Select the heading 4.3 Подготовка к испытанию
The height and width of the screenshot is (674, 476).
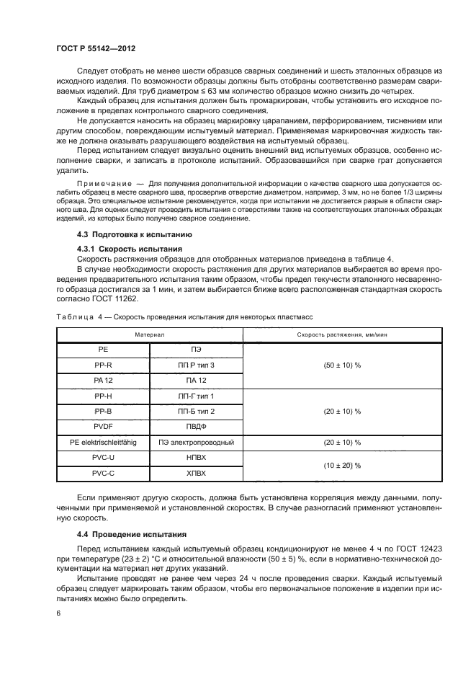[127, 236]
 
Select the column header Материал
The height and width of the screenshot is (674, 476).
[149, 334]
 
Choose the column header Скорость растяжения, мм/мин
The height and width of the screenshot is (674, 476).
[342, 334]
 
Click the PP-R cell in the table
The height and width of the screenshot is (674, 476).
[103, 365]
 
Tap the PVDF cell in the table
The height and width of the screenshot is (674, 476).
[103, 426]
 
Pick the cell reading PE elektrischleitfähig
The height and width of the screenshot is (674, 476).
[103, 442]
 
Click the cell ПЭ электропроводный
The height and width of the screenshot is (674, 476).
[196, 442]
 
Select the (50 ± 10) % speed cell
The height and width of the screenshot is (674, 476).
[342, 365]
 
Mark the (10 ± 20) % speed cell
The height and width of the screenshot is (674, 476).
[342, 466]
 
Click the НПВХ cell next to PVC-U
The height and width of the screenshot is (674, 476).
[196, 458]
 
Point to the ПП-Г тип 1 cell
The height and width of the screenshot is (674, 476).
[196, 396]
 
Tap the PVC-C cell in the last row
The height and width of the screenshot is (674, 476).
[103, 474]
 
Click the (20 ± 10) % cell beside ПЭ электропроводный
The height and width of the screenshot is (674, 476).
[342, 442]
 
